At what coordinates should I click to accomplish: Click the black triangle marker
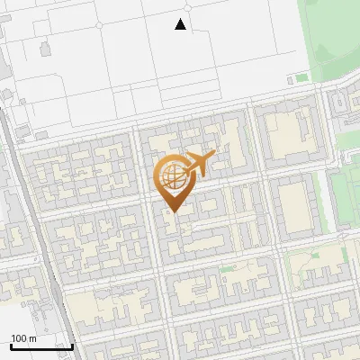coord(181,24)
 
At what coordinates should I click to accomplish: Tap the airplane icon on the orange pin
coord(197,164)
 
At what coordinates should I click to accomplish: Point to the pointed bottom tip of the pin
coord(172,212)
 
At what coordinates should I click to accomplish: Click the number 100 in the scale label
coord(18,338)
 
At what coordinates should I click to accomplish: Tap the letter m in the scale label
coord(31,338)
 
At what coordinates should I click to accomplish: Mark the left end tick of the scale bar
coord(11,345)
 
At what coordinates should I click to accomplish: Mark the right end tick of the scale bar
coord(73,345)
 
